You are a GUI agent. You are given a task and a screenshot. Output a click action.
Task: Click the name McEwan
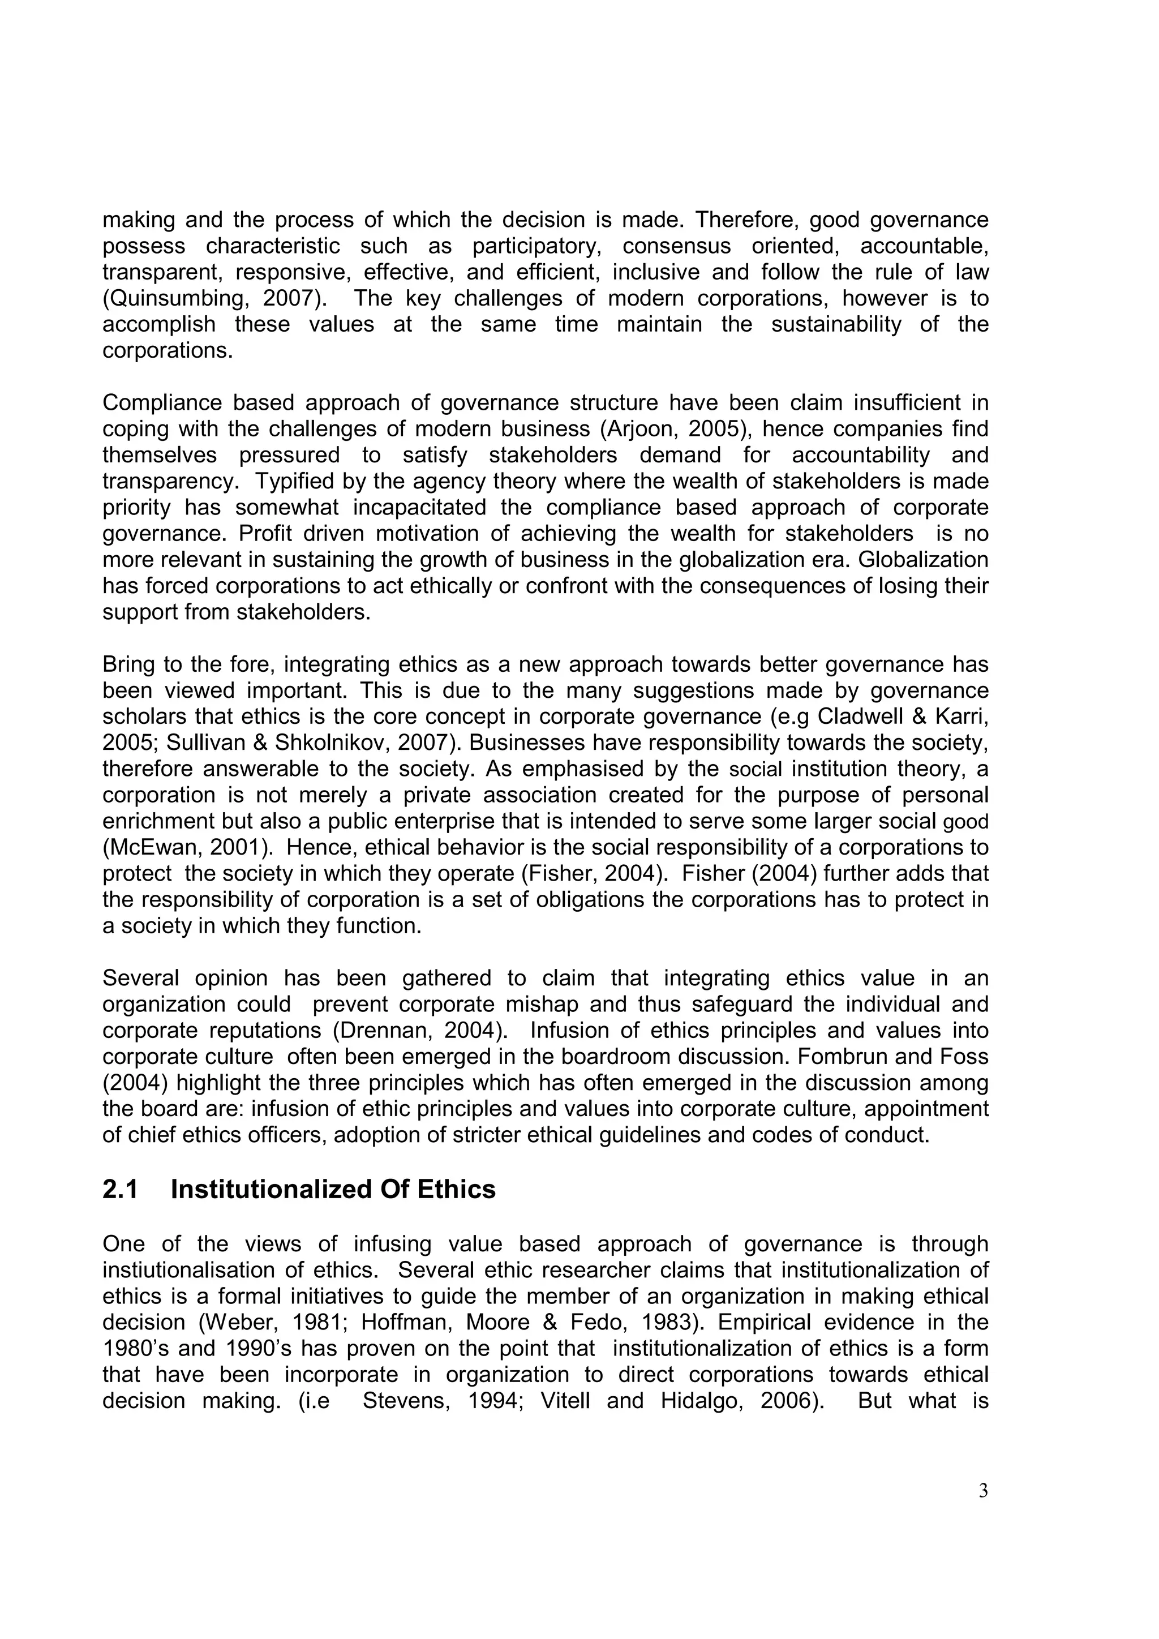[x=147, y=847]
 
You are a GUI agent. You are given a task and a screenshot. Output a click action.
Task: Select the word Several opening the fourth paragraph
[x=142, y=978]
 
